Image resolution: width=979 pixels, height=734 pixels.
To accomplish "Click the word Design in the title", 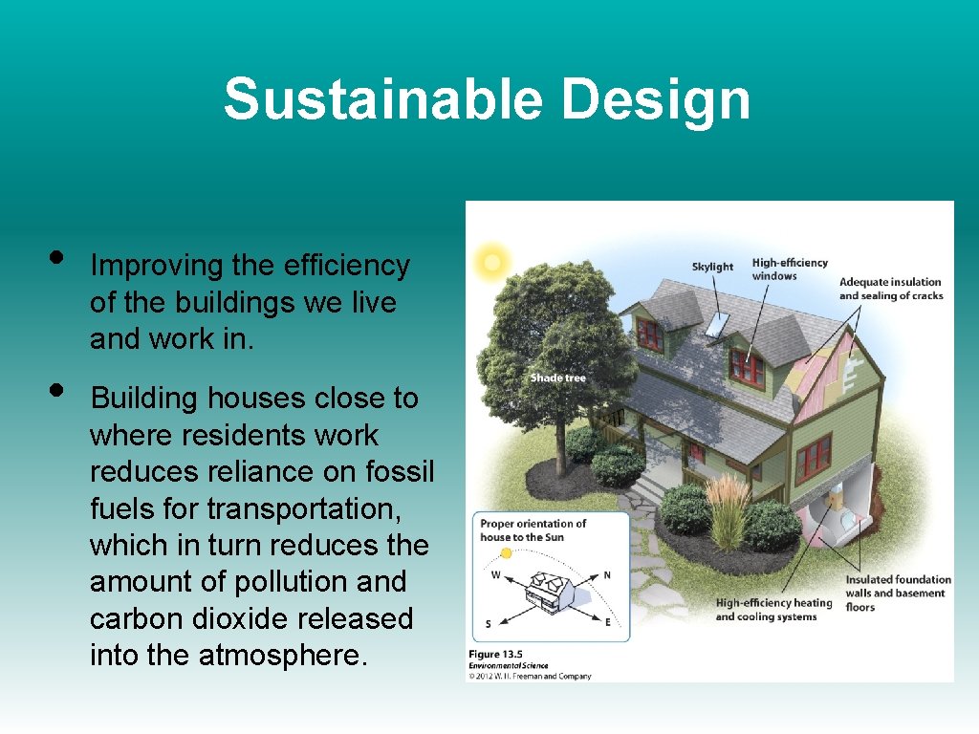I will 656,99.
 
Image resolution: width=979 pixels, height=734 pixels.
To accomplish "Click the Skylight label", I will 712,267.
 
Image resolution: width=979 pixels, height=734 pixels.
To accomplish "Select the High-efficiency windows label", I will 789,270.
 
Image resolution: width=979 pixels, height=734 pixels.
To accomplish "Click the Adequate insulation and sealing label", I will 890,289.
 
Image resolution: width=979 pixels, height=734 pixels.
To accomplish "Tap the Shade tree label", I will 557,378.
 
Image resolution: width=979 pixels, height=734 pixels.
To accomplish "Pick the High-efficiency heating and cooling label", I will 773,610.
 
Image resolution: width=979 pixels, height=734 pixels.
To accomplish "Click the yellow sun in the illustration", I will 492,261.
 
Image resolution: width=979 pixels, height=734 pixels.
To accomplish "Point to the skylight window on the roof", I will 716,324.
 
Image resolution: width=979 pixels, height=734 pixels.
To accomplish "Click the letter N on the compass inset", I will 606,576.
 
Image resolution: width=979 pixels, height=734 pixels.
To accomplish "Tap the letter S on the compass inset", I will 489,624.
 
